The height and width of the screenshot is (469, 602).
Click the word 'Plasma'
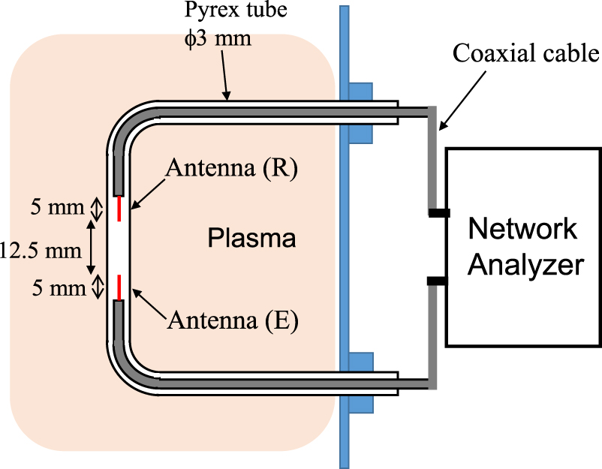[251, 239]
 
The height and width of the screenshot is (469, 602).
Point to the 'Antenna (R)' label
[233, 170]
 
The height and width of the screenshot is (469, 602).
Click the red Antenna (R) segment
[119, 208]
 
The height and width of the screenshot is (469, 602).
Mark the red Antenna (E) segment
[119, 286]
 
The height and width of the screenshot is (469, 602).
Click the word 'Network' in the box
[523, 228]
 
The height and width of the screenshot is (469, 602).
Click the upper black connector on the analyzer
[438, 213]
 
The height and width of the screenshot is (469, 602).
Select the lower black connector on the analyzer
[438, 281]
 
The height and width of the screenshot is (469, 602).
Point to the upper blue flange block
[361, 113]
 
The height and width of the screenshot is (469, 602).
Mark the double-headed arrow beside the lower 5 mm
[96, 286]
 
